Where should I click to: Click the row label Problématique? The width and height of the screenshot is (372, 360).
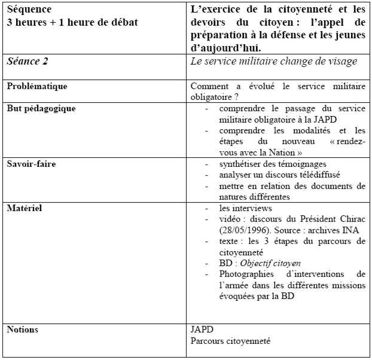pos(37,86)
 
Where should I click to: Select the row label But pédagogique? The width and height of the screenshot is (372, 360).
pos(41,108)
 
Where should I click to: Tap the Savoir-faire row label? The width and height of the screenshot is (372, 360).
pos(31,164)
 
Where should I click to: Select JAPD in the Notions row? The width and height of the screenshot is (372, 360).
pos(202,330)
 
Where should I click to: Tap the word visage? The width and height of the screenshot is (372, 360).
pos(343,60)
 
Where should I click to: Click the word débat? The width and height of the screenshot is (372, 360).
pos(121,22)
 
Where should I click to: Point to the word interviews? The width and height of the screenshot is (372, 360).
pos(253,209)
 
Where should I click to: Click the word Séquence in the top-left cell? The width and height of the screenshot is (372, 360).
pos(28,10)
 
